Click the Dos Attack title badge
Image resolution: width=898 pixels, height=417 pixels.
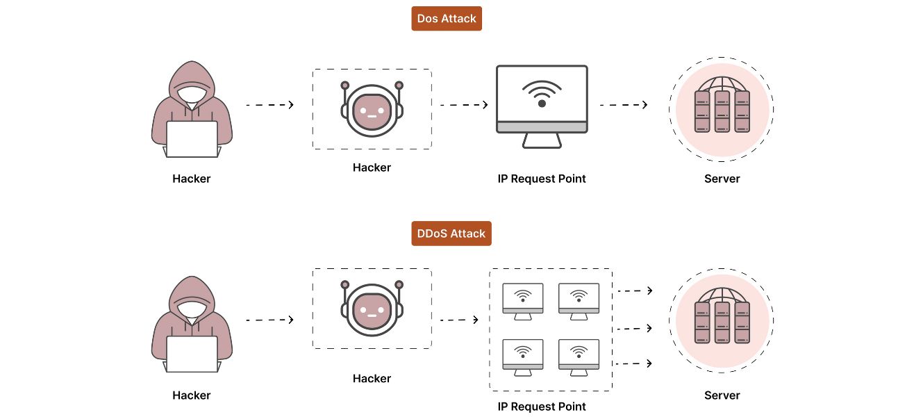446,19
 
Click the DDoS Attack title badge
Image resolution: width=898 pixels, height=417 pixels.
451,234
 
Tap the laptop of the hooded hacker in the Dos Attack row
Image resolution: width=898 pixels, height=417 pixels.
191,139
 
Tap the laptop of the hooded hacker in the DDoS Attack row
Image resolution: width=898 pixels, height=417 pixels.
191,354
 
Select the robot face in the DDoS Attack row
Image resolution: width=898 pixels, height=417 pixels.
372,310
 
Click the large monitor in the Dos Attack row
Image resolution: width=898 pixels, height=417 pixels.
542,100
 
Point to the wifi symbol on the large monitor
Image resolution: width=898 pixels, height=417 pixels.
542,94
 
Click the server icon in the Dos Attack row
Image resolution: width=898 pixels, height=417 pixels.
722,109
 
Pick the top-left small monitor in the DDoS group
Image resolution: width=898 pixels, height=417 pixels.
522,300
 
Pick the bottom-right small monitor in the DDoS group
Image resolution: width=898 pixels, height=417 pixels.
579,356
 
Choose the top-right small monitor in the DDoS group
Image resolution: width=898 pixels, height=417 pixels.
579,300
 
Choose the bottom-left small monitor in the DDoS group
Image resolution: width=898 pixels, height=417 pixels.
522,356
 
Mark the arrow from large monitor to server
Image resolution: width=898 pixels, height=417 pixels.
623,105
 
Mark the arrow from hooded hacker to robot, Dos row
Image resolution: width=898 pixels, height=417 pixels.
269,105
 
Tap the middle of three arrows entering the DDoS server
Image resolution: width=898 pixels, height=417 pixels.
634,327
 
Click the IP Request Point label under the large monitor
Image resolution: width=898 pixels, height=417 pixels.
542,179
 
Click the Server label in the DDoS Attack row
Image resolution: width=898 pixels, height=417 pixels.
722,395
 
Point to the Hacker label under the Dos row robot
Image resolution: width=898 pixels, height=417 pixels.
372,167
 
